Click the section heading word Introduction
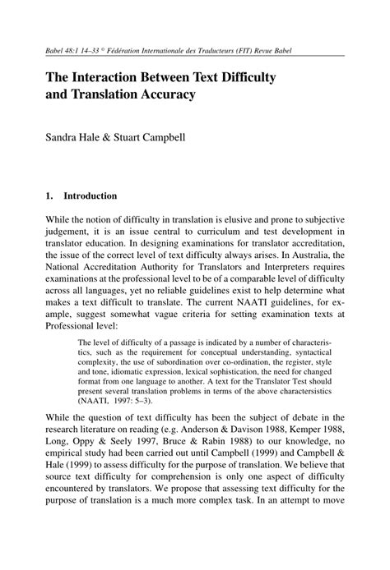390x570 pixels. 90,196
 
